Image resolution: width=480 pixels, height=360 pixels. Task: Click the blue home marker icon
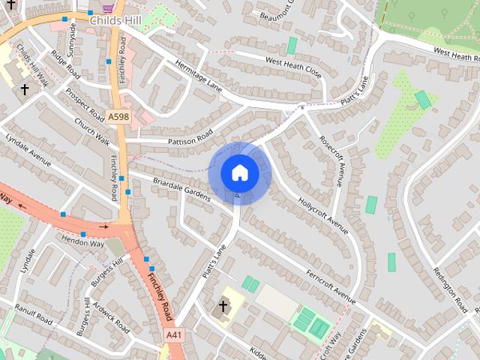(239, 172)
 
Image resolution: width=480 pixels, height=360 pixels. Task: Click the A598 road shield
(118, 117)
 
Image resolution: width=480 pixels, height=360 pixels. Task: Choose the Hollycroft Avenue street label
(322, 214)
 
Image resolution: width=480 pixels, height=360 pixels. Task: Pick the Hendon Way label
(84, 244)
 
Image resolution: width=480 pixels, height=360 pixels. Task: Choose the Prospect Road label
(85, 104)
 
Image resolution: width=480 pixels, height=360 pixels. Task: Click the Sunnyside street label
(72, 36)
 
